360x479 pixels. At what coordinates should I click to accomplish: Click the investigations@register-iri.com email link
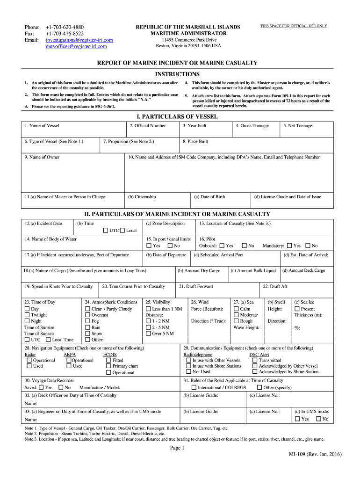point(79,40)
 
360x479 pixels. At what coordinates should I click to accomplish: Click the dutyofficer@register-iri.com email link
point(76,46)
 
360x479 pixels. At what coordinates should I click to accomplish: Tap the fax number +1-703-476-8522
point(65,34)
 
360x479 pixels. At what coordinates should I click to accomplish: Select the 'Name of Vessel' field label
point(42,126)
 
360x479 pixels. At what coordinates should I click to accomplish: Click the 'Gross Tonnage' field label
point(252,126)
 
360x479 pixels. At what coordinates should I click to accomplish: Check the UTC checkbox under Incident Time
point(106,231)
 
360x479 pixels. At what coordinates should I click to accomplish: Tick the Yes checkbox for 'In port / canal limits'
point(149,246)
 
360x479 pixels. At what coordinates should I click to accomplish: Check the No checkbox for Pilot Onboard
point(244,246)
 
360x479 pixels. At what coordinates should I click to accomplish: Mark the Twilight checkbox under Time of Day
point(27,315)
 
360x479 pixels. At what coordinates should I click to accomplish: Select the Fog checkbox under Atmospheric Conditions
point(87,321)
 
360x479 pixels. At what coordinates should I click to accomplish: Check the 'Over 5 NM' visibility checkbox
point(149,334)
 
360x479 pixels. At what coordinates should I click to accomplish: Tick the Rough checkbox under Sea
point(236,321)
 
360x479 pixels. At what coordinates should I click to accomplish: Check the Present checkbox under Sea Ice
point(297,309)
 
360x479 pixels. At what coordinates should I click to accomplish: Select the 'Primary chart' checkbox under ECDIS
point(108,366)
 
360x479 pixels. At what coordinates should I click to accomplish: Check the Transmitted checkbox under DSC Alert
point(255,361)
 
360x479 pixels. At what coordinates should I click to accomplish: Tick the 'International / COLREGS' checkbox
point(194,388)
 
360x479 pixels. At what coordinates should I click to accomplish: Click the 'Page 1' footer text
point(177,448)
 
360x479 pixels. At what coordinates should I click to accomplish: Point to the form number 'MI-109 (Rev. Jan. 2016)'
point(316,455)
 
